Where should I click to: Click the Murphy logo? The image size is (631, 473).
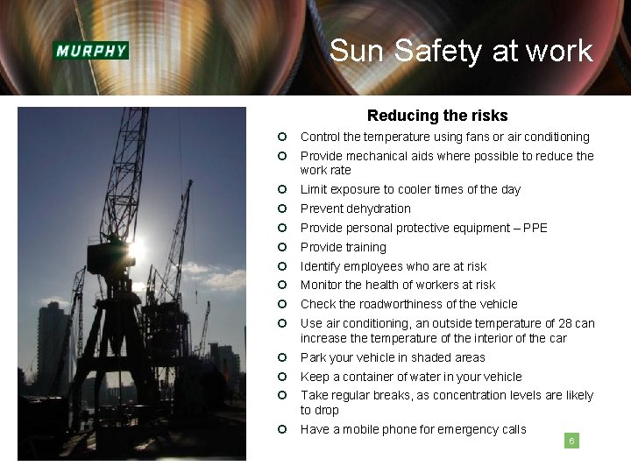[91, 50]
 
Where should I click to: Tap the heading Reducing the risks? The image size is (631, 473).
[437, 116]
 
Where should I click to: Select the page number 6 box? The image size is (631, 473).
[571, 441]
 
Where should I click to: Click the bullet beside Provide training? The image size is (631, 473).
[283, 247]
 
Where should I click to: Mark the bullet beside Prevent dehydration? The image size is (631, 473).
[283, 208]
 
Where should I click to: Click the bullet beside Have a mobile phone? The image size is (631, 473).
[283, 428]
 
